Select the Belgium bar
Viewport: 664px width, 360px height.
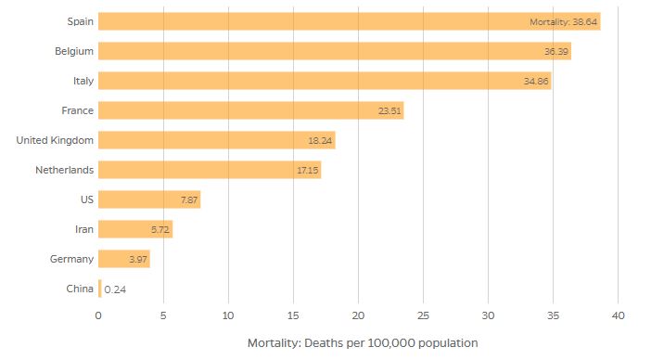point(334,51)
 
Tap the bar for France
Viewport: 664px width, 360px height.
point(250,110)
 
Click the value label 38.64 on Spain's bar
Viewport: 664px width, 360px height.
point(563,21)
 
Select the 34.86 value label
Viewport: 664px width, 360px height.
point(535,81)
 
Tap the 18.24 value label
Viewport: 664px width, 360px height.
point(320,140)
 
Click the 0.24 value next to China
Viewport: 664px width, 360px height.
point(115,289)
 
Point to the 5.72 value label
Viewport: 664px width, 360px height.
point(160,229)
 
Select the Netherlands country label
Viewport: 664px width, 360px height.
point(63,170)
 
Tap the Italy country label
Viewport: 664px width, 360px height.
point(83,81)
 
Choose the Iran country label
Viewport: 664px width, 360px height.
point(83,229)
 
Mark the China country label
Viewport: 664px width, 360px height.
point(80,289)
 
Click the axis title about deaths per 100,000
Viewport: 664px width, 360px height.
point(362,342)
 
